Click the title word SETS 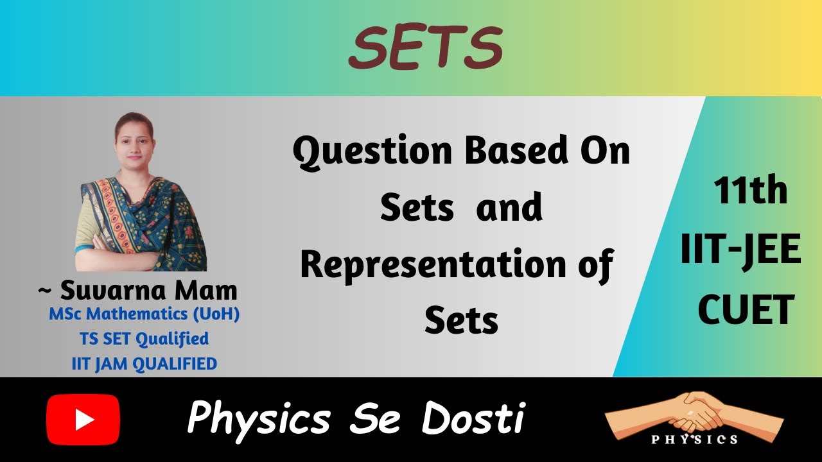(x=424, y=48)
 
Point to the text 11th (x=749, y=191)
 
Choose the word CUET (x=746, y=310)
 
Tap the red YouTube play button (x=83, y=420)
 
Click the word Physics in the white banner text (x=258, y=419)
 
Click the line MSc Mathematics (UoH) (x=144, y=316)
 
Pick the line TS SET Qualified (x=144, y=338)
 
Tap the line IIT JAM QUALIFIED (x=144, y=364)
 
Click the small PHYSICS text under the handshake (x=694, y=440)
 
